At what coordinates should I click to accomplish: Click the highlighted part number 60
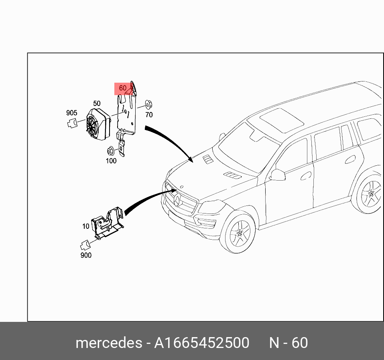[122, 88]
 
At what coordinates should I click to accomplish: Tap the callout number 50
[97, 104]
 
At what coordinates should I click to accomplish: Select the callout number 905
[72, 113]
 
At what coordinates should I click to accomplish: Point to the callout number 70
[149, 115]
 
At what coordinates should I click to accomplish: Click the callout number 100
[111, 161]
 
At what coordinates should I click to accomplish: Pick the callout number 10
[86, 226]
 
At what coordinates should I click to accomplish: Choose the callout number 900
[86, 255]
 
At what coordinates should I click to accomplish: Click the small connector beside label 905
[72, 123]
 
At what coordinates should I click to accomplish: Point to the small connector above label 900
[86, 244]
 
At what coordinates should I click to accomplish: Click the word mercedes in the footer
[108, 343]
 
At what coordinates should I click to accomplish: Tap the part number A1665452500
[202, 343]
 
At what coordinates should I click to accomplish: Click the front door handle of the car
[306, 175]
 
